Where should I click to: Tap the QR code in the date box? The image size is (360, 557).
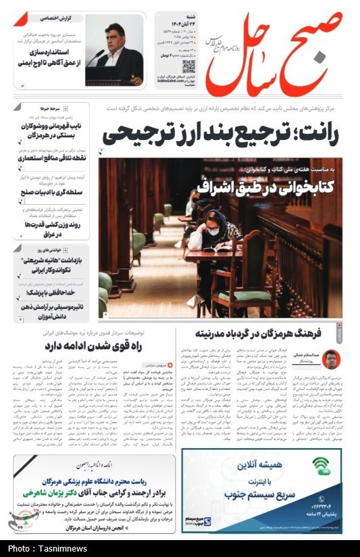click(188, 67)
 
